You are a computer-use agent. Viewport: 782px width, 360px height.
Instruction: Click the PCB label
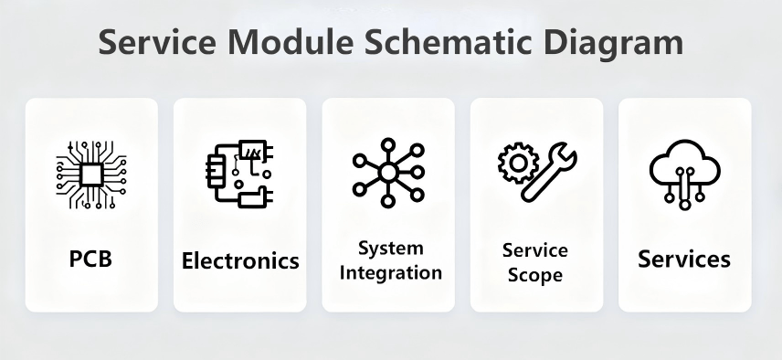point(90,259)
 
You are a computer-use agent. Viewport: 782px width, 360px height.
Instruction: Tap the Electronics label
point(240,260)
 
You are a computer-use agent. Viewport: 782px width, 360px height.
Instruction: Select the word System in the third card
point(390,249)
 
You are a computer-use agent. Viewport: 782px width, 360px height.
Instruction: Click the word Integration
point(391,272)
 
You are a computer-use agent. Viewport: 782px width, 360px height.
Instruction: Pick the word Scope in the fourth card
point(535,274)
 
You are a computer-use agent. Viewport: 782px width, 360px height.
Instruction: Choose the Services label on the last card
point(684,259)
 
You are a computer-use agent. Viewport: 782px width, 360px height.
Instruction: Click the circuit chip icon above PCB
point(90,174)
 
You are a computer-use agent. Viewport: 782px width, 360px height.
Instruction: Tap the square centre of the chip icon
point(90,174)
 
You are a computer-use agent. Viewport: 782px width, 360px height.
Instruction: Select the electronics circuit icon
point(238,174)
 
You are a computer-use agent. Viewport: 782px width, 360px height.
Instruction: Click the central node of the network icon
point(388,173)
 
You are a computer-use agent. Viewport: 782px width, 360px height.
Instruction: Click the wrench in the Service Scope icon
point(550,177)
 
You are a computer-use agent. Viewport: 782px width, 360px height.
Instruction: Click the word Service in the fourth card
point(535,250)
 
